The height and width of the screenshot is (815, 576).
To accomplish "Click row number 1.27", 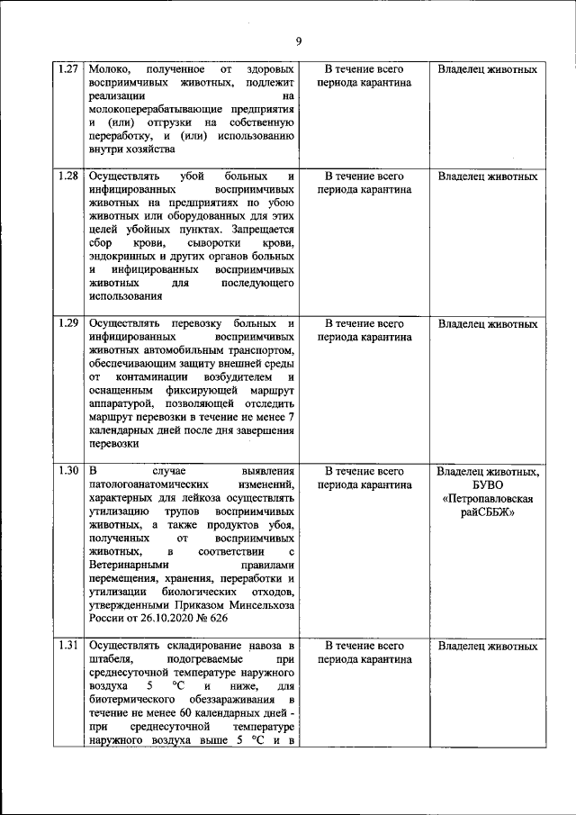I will pyautogui.click(x=68, y=69).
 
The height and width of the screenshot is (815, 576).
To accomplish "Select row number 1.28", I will pyautogui.click(x=68, y=177).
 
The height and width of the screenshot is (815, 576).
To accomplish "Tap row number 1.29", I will pyautogui.click(x=68, y=323).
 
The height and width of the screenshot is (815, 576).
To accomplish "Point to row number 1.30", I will pyautogui.click(x=68, y=471).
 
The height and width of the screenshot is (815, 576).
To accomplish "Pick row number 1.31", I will pyautogui.click(x=68, y=647).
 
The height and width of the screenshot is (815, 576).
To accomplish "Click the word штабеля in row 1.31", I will pyautogui.click(x=112, y=661).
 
